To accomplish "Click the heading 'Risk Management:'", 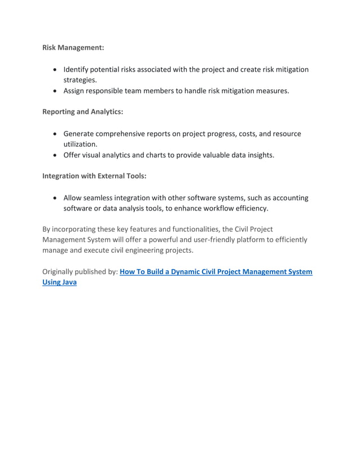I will (73, 47).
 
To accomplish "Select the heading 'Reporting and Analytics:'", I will (82, 112).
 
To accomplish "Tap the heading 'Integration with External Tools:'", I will (94, 176).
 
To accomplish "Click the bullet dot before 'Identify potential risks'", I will (54, 69).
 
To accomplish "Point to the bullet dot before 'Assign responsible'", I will (54, 90).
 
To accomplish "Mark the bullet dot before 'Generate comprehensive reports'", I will (54, 134).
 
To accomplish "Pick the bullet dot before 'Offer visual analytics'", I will (54, 155).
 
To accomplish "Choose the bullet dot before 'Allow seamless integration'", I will (54, 198).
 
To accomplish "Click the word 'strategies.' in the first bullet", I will (80, 80).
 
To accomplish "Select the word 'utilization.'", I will (80, 144).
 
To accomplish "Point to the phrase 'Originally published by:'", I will (80, 272).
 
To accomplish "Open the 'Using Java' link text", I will (59, 283).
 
